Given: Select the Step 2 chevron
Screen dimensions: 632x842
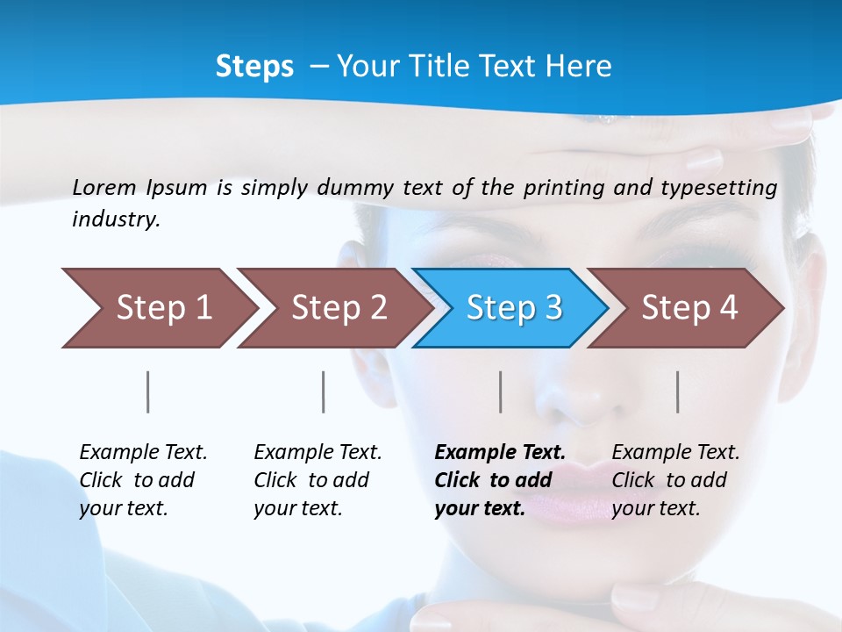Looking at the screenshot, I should click(333, 308).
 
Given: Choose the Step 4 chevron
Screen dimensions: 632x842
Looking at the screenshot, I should click(686, 308).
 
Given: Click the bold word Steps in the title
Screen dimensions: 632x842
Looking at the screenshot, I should click(254, 67).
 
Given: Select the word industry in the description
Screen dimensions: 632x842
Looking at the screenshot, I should click(115, 219).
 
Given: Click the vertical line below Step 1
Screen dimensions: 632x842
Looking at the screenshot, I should click(148, 391).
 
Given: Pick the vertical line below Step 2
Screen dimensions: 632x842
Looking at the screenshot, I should click(324, 391).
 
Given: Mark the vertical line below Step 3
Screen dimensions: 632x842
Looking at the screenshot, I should click(501, 391).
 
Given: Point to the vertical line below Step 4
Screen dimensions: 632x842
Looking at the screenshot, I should click(678, 391).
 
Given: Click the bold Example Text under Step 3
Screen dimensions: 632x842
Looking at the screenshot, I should click(500, 453).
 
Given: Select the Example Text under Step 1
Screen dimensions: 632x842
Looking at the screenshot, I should click(143, 453).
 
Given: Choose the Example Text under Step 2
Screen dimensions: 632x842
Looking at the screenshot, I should click(318, 453).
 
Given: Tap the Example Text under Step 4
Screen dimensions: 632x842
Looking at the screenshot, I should click(675, 453).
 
